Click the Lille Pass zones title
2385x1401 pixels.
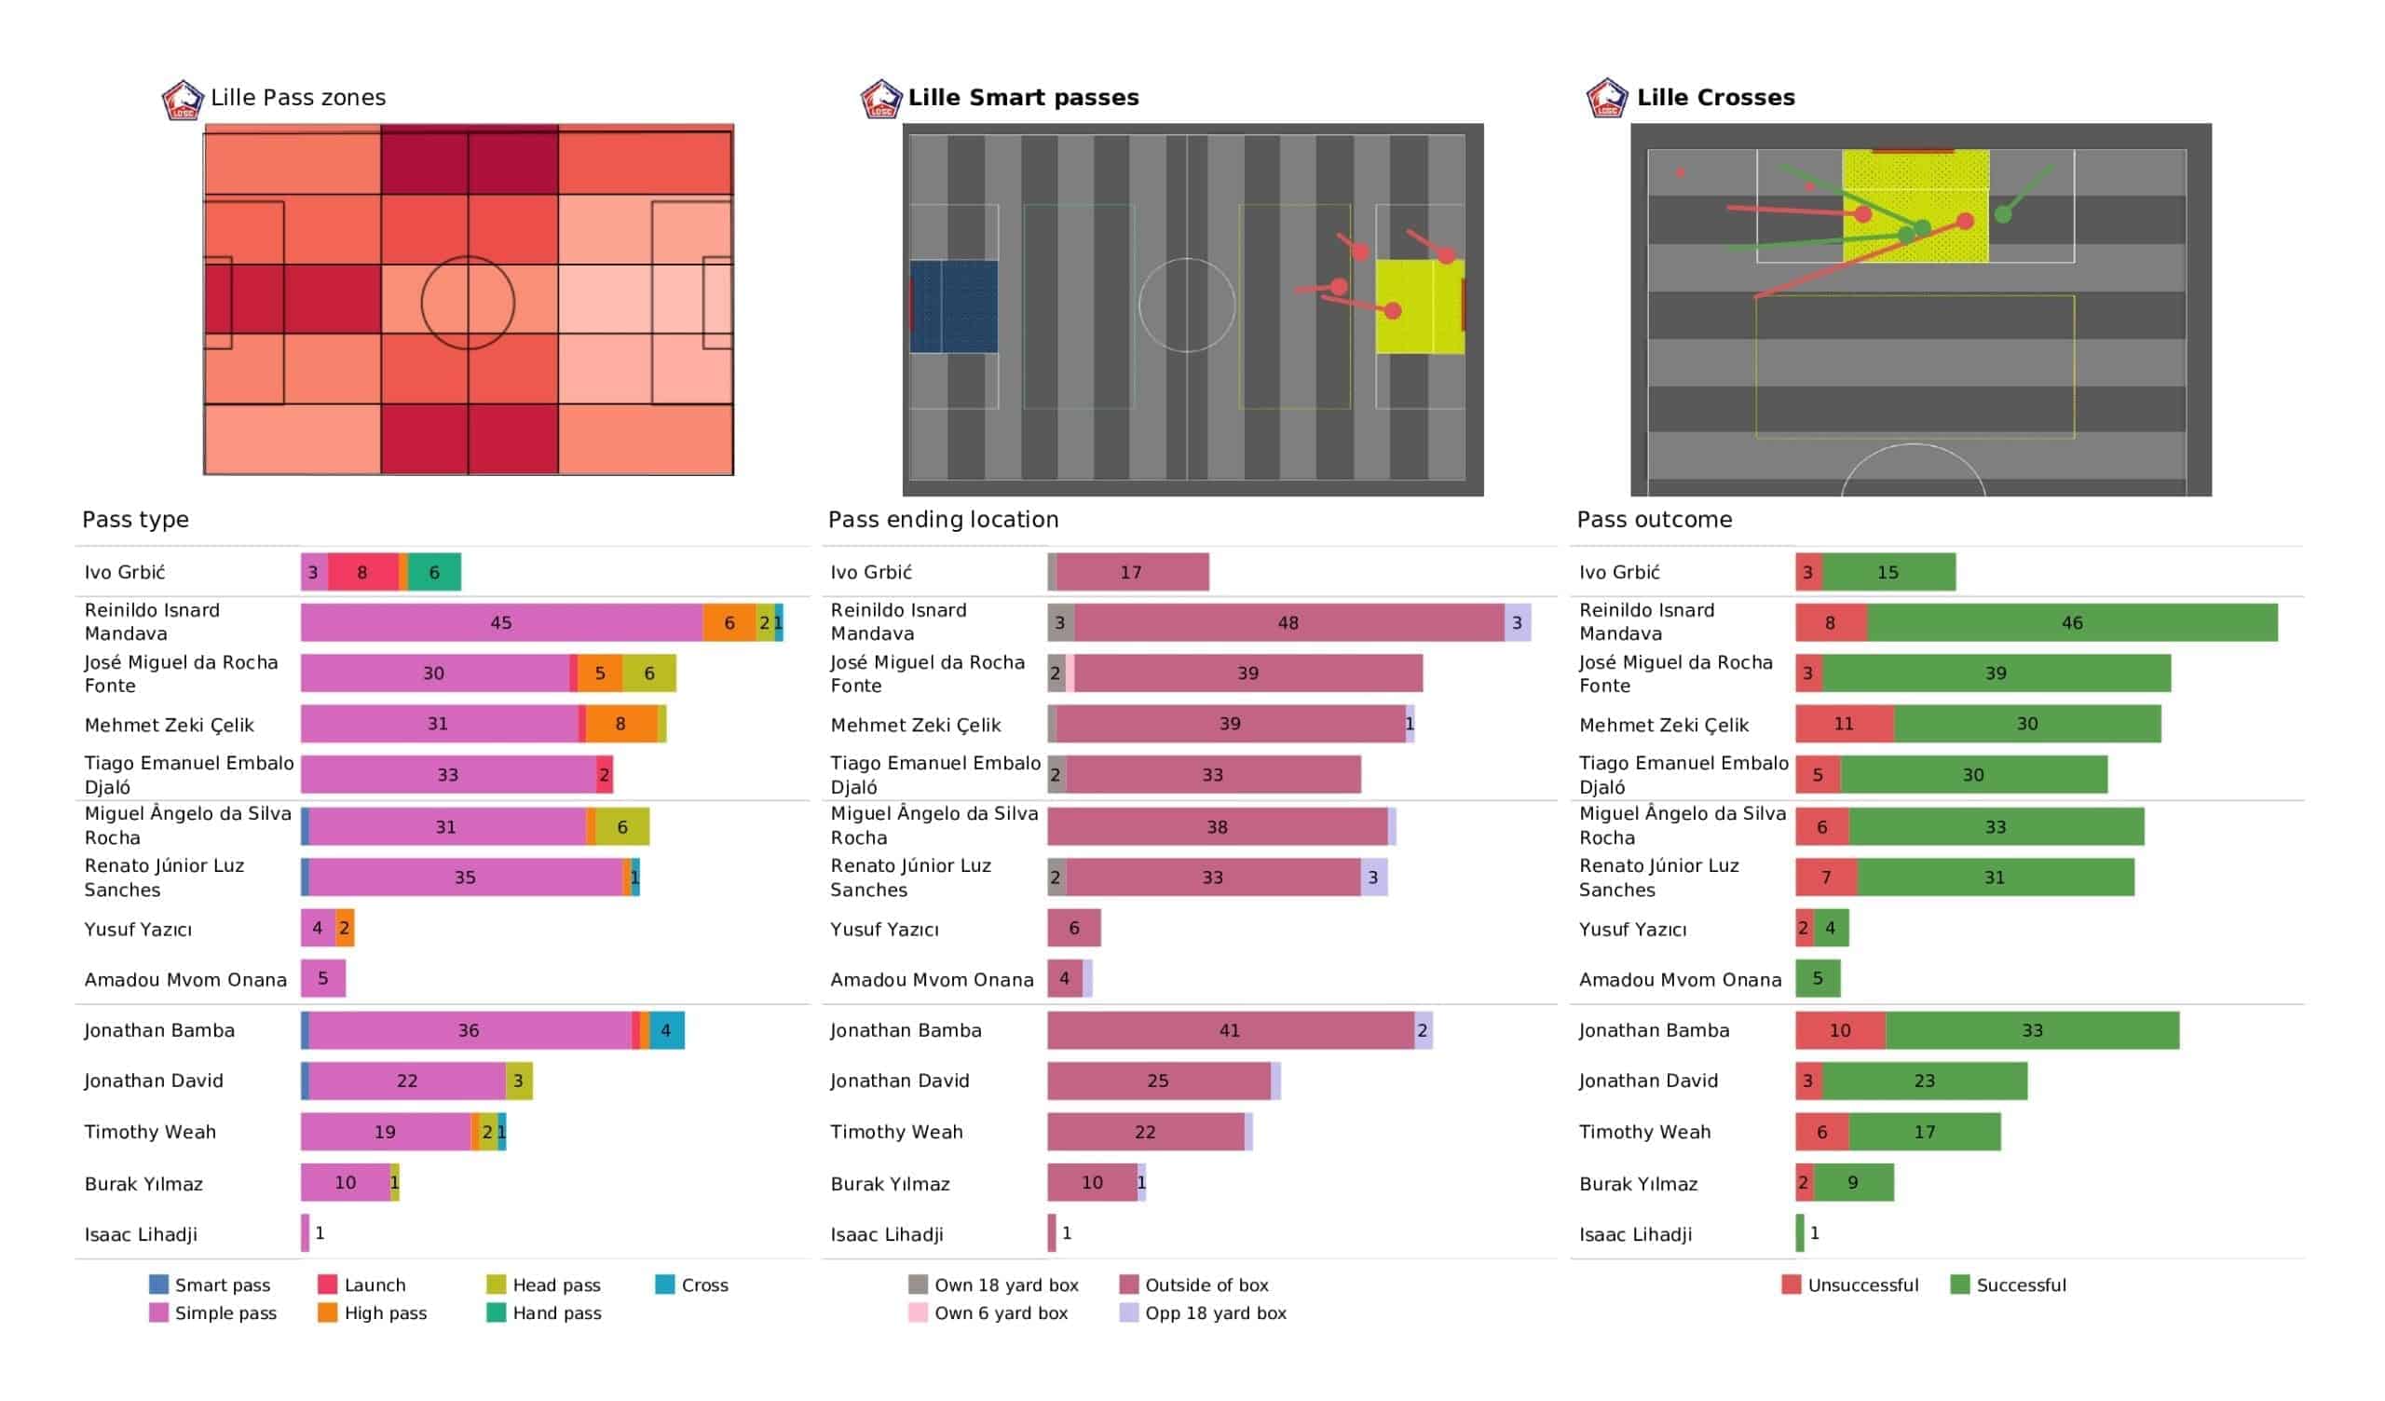(297, 98)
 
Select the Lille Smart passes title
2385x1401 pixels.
(1022, 98)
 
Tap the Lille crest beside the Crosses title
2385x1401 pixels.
(1606, 99)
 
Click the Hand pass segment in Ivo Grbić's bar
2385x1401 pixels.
(434, 572)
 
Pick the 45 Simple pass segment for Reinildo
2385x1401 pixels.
(500, 623)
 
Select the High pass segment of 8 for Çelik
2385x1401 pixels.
(620, 724)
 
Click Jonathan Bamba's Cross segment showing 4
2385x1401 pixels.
(666, 1030)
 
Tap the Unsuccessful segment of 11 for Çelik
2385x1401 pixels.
(1844, 724)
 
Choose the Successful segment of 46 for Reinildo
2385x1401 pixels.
(2071, 623)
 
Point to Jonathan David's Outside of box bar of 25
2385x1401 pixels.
(1157, 1081)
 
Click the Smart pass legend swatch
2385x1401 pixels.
(159, 1285)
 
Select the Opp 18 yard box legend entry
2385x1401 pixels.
(1215, 1313)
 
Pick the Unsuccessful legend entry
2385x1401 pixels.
(1861, 1285)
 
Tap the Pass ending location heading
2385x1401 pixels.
(943, 520)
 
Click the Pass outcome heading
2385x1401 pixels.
(1654, 520)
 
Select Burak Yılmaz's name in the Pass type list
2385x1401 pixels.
(143, 1183)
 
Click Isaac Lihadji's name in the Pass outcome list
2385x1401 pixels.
(1634, 1234)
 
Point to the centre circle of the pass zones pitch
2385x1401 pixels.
(468, 303)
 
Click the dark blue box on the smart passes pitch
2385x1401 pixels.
(953, 306)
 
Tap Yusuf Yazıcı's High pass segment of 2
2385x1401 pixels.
(345, 928)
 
